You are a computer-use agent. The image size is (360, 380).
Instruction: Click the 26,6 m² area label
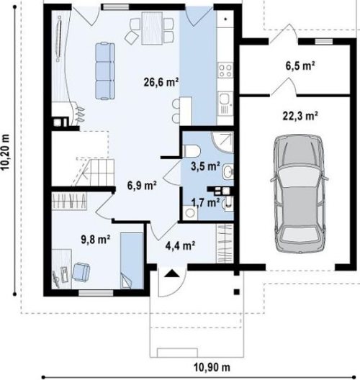pos(161,82)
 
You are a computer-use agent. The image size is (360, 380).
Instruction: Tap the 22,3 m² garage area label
pos(300,116)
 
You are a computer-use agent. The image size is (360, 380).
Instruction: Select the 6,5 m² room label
pos(300,65)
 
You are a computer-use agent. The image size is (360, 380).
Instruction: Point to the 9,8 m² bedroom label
pos(96,240)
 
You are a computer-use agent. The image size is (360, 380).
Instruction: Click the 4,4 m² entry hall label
pos(181,245)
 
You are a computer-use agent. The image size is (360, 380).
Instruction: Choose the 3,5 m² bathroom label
pos(206,166)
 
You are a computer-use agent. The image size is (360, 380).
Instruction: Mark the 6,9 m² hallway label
pos(142,186)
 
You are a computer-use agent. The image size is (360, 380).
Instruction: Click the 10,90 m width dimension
pos(212,367)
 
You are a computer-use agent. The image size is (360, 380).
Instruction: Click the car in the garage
pos(300,194)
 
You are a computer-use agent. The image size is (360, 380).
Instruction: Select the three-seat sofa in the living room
pos(105,71)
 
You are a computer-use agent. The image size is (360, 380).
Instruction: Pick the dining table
pos(152,28)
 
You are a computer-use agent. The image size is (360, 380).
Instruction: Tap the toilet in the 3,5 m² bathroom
pos(192,151)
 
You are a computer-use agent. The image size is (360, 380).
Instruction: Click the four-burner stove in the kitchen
pos(225,70)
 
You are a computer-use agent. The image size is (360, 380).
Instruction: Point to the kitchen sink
pos(225,104)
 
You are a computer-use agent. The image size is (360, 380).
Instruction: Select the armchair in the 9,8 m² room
pos(81,272)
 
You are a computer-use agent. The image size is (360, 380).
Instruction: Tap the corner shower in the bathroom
pos(222,142)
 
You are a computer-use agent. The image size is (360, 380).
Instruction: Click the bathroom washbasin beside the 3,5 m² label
pos(228,172)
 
